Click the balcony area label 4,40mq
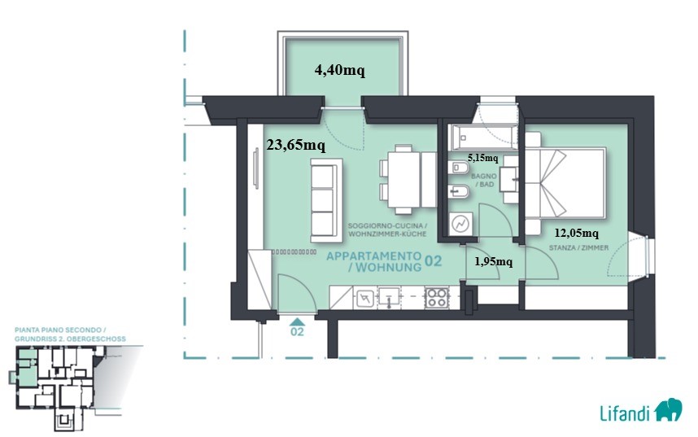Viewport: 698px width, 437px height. (340, 70)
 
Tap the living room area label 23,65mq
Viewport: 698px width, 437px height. (295, 145)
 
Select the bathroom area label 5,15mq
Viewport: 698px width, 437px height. (482, 158)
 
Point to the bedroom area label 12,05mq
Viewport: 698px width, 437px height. (577, 233)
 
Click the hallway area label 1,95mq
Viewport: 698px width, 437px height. (493, 261)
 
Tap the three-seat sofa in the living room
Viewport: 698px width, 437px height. (326, 200)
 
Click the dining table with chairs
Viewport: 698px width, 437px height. (408, 180)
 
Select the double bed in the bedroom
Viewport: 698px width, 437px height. (565, 184)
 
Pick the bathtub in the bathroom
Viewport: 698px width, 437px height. (484, 138)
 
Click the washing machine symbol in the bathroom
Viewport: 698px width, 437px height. (460, 224)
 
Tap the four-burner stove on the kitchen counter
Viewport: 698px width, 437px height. (436, 298)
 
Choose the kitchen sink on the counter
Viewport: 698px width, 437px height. (389, 297)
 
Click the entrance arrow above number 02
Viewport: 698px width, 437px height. (297, 321)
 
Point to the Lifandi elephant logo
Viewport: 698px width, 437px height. (668, 410)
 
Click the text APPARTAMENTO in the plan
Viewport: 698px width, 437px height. (374, 256)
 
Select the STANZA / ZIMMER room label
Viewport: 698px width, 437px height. (578, 247)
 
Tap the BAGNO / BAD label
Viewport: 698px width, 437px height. (483, 181)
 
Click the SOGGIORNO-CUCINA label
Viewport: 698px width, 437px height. (388, 226)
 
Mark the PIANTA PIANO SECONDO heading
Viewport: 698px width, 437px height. (60, 330)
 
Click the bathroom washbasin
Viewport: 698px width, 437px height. (508, 180)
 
